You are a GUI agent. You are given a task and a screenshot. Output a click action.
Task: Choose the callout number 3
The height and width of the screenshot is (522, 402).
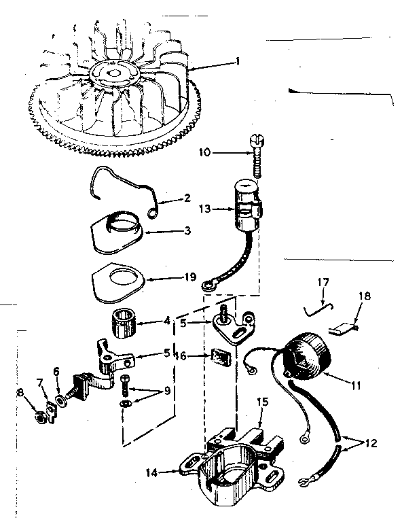click(x=188, y=231)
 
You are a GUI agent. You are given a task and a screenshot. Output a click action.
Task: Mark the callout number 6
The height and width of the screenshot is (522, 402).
click(x=56, y=372)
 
